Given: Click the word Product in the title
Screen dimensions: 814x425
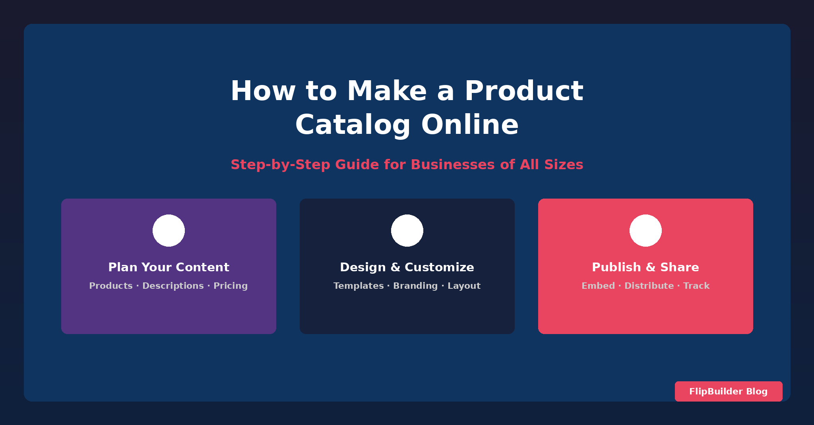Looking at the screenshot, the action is pyautogui.click(x=524, y=91).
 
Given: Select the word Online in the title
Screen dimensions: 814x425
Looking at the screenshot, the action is pyautogui.click(x=470, y=125).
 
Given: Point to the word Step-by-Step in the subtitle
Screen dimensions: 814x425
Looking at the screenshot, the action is pyautogui.click(x=281, y=165).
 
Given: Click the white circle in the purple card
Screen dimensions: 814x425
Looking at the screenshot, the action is pyautogui.click(x=169, y=230).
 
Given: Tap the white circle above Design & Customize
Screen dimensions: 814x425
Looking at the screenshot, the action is pyautogui.click(x=407, y=230).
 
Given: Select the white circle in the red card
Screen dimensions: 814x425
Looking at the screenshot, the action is pyautogui.click(x=645, y=230).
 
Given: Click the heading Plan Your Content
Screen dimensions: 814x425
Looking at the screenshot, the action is pyautogui.click(x=169, y=267).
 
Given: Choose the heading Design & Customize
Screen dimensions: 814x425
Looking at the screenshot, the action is pyautogui.click(x=407, y=267).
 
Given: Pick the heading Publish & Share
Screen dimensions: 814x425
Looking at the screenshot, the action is pyautogui.click(x=645, y=267).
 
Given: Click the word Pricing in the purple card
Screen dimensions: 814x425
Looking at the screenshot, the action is pyautogui.click(x=231, y=286).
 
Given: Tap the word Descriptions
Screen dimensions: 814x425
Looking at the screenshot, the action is pyautogui.click(x=173, y=286).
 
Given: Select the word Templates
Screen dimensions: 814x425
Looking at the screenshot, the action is pyautogui.click(x=359, y=286).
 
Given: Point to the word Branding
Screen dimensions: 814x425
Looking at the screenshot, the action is pyautogui.click(x=415, y=286).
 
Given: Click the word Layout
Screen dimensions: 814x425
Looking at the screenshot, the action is pyautogui.click(x=464, y=286).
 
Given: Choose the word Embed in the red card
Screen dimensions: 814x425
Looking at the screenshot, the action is pyautogui.click(x=598, y=286).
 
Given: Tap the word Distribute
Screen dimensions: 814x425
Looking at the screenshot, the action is pyautogui.click(x=649, y=286).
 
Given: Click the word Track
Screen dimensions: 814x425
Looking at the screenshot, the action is pyautogui.click(x=696, y=286).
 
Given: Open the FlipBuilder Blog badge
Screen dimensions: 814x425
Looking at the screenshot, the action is pyautogui.click(x=729, y=391).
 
